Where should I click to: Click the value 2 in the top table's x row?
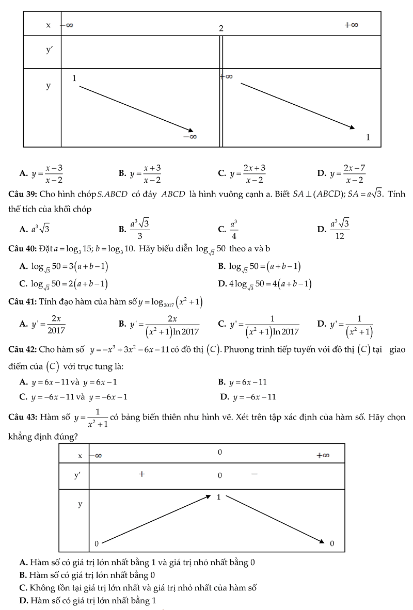pyautogui.click(x=220, y=28)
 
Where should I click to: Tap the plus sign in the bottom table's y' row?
pyautogui.click(x=141, y=473)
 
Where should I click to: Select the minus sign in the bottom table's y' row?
pyautogui.click(x=254, y=473)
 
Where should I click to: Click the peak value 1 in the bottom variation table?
pyautogui.click(x=218, y=497)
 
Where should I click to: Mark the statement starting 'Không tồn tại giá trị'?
pyautogui.click(x=138, y=588)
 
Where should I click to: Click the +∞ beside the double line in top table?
pyautogui.click(x=227, y=76)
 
